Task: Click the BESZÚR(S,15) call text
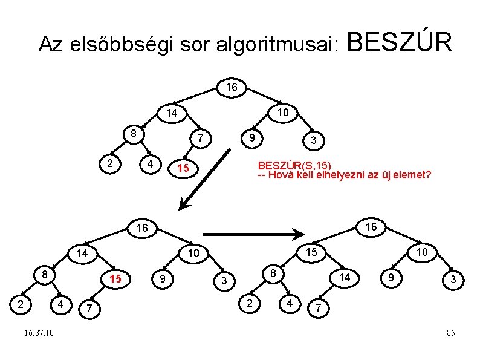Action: [294, 165]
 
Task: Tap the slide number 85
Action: [450, 333]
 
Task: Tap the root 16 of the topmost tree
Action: [231, 88]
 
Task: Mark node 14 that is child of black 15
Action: [344, 277]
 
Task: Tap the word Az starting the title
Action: [50, 44]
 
